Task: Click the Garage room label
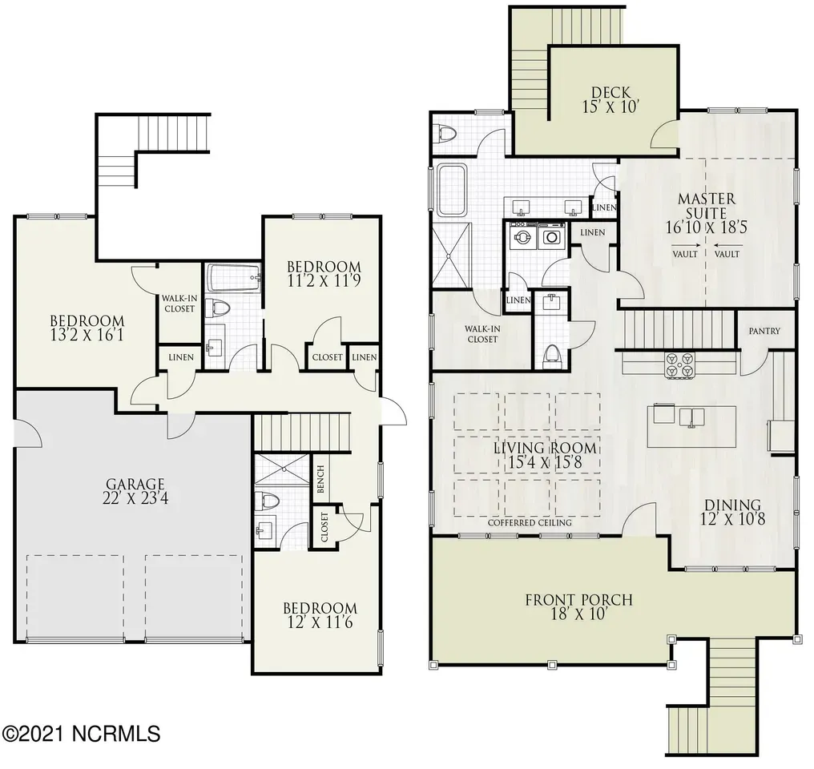135,491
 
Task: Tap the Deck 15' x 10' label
610,99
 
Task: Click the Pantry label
764,331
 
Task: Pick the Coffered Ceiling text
530,523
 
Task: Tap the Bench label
320,479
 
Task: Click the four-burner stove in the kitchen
680,364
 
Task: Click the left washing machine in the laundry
522,236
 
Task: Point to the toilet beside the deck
447,133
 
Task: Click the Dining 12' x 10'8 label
732,512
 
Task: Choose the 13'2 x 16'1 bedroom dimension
87,335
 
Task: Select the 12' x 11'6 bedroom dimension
320,622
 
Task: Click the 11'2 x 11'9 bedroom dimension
324,280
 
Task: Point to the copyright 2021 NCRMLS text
81,734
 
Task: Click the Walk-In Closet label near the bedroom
179,304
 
